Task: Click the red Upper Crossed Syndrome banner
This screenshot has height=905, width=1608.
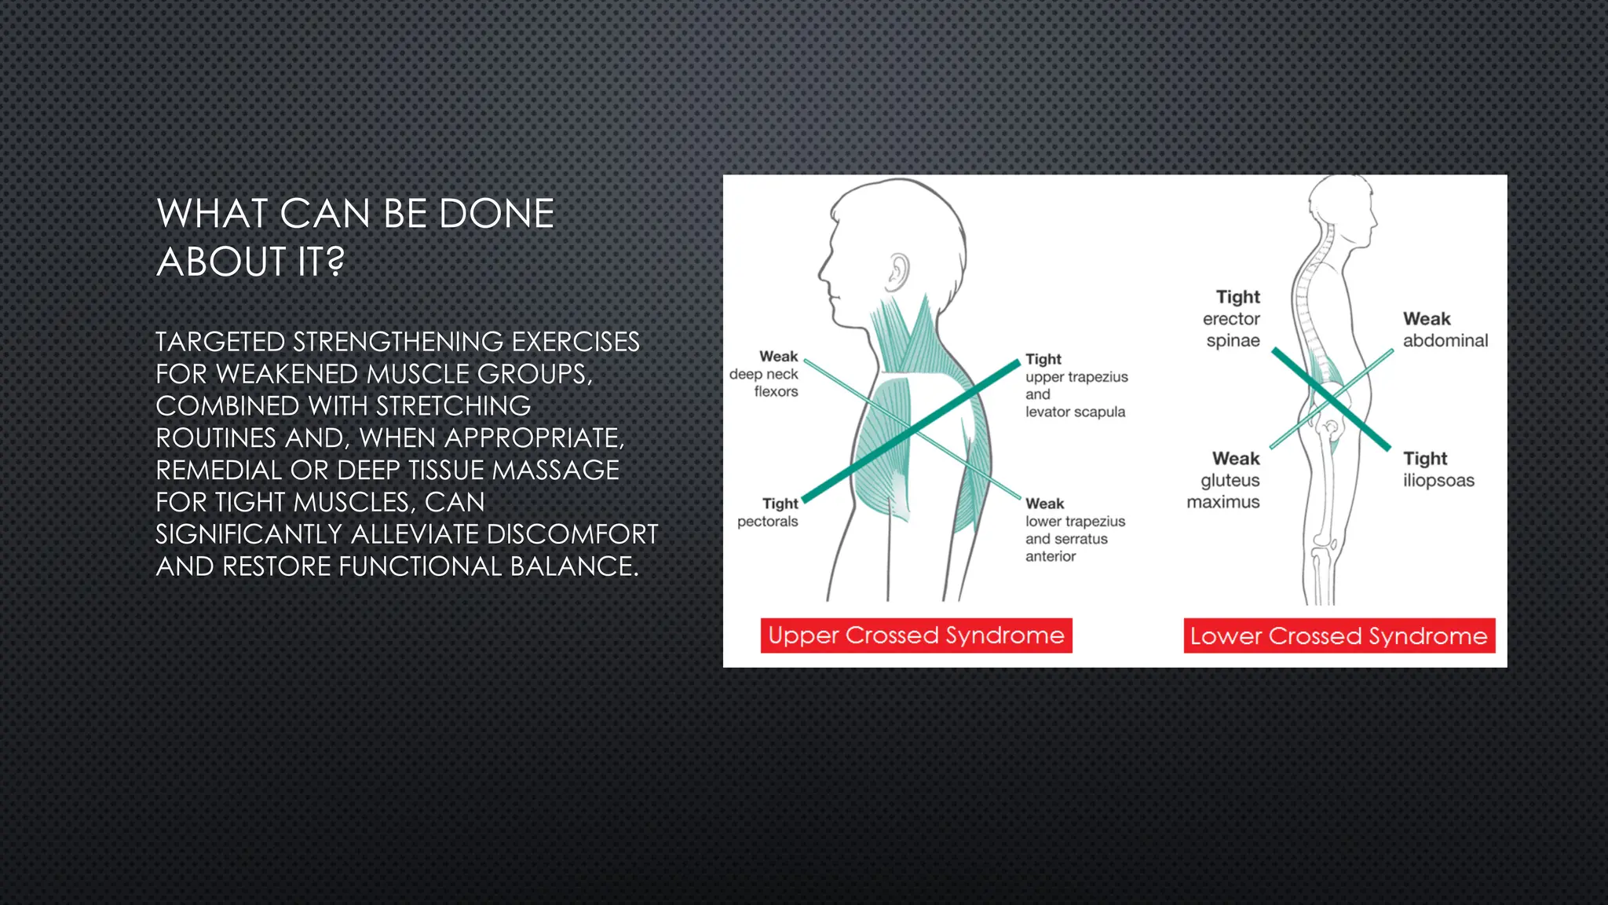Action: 915,636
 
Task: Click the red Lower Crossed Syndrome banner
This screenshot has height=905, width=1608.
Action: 1339,636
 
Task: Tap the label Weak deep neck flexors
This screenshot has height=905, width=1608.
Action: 765,374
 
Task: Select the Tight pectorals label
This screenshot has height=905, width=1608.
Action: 769,512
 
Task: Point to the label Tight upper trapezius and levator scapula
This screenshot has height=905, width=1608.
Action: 1076,385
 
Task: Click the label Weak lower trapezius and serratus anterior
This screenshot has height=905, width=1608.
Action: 1074,529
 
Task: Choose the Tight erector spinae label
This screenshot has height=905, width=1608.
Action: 1233,319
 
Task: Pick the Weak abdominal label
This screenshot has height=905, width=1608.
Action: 1445,330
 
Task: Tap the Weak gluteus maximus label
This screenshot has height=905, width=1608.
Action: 1225,480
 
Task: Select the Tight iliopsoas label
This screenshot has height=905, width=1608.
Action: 1438,469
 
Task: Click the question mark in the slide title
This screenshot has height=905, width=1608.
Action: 335,261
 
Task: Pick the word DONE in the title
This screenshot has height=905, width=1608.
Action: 496,214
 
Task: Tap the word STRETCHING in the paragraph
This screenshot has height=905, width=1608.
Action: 453,406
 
